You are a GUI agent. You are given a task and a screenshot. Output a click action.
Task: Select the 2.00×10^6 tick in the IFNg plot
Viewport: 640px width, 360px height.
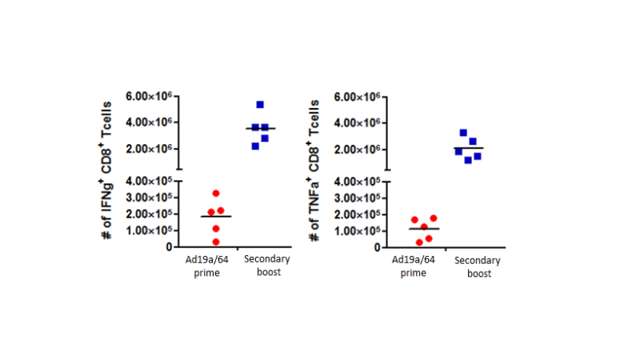point(150,149)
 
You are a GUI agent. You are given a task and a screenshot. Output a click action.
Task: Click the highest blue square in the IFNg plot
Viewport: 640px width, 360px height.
point(260,105)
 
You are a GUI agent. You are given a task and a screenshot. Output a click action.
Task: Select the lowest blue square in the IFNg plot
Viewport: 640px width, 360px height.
point(255,146)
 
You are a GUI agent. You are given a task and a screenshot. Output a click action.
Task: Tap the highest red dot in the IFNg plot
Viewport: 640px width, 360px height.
point(215,194)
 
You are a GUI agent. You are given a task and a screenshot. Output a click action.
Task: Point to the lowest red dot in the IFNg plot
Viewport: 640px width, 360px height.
point(215,242)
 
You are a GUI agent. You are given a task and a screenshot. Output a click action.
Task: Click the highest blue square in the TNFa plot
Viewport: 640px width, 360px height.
point(463,133)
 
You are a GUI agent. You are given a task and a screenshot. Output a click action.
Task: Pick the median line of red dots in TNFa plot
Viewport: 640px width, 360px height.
point(424,230)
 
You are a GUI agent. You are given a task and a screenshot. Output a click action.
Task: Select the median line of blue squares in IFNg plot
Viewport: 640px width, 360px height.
point(260,129)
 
